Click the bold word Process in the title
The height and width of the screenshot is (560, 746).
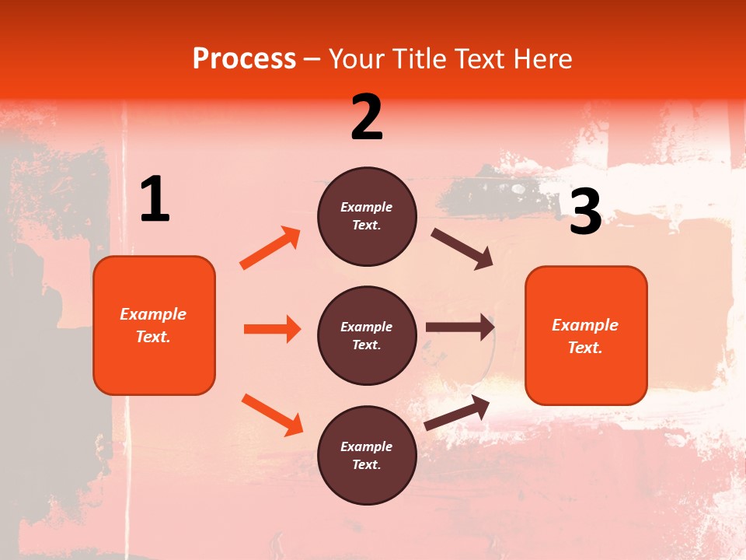[244, 59]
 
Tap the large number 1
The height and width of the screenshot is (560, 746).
[155, 199]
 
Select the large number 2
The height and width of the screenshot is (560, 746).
[367, 117]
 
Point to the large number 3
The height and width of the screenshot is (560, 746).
[585, 212]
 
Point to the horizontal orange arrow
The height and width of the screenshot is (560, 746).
[272, 329]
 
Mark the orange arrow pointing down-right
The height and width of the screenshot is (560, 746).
[272, 415]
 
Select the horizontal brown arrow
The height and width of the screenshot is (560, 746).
[460, 327]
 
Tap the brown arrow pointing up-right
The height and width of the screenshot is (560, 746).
[457, 412]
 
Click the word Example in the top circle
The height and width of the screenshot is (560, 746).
[367, 207]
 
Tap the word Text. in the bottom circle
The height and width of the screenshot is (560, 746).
[367, 464]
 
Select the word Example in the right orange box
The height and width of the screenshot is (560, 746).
[585, 325]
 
